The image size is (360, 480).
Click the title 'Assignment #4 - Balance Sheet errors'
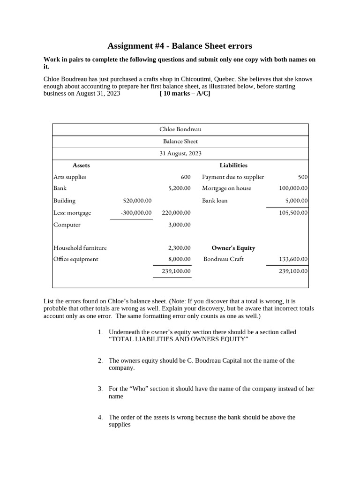click(x=180, y=46)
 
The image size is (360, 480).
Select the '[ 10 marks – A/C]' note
click(x=185, y=93)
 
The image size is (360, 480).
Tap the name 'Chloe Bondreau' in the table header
click(x=180, y=129)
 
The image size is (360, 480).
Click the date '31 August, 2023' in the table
click(x=180, y=153)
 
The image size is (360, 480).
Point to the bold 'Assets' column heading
click(x=81, y=165)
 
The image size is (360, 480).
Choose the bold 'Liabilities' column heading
click(x=233, y=165)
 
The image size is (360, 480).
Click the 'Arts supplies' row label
click(x=70, y=177)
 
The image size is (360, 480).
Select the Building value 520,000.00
click(x=137, y=201)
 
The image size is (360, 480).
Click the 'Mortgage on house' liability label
click(x=226, y=188)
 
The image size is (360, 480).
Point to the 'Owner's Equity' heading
click(x=233, y=248)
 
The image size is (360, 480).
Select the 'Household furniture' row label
click(x=80, y=248)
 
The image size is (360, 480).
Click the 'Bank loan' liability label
click(x=215, y=201)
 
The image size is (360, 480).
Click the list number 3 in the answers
click(x=100, y=389)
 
